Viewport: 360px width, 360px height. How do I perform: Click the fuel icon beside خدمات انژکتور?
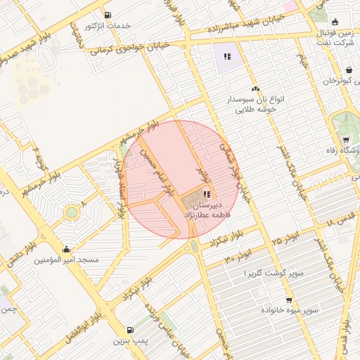[x=107, y=15]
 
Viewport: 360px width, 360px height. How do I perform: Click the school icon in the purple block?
[x=226, y=56]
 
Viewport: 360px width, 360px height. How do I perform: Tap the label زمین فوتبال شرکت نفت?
[x=333, y=38]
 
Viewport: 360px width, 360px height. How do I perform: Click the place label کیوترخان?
[x=342, y=82]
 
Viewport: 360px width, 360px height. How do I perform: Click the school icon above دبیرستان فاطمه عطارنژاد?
[x=207, y=195]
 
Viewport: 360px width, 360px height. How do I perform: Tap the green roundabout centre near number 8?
[x=72, y=212]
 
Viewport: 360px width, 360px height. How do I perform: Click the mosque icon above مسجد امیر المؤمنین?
[x=67, y=248]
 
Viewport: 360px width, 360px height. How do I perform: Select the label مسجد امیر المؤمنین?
[x=67, y=260]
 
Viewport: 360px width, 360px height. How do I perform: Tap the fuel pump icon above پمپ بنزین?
[x=130, y=330]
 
